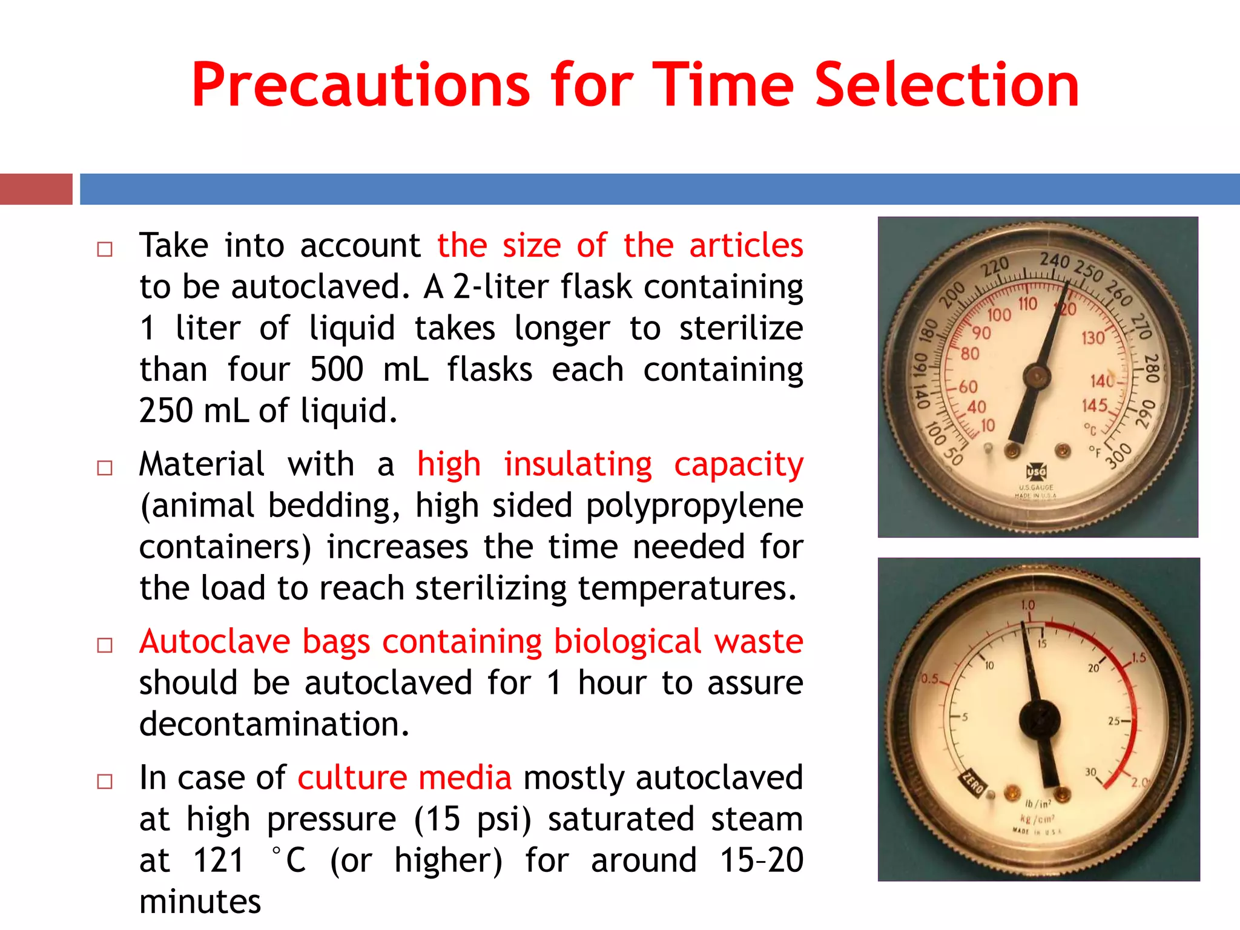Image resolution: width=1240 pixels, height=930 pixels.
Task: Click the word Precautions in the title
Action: coord(360,85)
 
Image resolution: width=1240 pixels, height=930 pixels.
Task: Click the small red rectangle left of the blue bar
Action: coord(36,189)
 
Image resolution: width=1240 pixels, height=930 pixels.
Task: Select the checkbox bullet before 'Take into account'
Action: coord(105,249)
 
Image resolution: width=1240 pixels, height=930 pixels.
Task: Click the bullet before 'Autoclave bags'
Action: coord(105,645)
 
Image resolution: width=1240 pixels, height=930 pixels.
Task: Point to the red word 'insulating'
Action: coord(578,465)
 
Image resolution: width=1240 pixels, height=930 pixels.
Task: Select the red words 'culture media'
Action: coord(404,778)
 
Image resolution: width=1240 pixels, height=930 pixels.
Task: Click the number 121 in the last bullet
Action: coord(219,860)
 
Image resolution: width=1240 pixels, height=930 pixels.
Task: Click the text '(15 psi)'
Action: coord(472,819)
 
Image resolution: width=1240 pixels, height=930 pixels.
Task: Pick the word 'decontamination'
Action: coord(274,724)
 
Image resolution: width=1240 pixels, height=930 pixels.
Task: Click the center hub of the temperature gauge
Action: coord(1036,376)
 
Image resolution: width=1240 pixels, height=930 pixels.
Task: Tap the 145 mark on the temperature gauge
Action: coord(1095,405)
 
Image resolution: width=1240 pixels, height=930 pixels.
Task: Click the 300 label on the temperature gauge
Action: coord(1119,455)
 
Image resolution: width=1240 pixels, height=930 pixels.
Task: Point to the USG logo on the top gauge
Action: coord(1036,471)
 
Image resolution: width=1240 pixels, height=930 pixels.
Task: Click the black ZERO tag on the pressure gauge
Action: coord(974,785)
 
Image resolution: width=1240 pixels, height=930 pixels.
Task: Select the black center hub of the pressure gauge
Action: coord(1040,719)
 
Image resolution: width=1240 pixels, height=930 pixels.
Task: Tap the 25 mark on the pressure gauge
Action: coord(1114,721)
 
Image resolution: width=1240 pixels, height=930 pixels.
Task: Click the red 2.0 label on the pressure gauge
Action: coord(1139,782)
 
